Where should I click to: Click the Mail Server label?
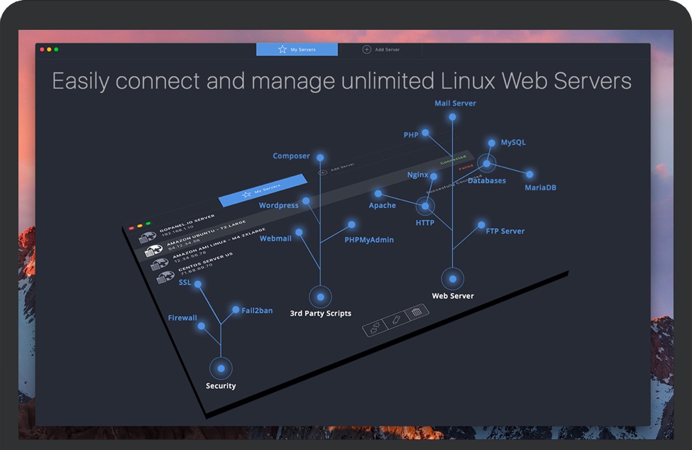pyautogui.click(x=455, y=104)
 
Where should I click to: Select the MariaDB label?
pyautogui.click(x=540, y=188)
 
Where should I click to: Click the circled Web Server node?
pyautogui.click(x=452, y=278)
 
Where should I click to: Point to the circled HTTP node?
pyautogui.click(x=425, y=207)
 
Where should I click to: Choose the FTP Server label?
pyautogui.click(x=505, y=231)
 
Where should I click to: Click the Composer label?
pyautogui.click(x=291, y=156)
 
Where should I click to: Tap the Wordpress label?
pyautogui.click(x=279, y=206)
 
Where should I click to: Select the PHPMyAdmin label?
pyautogui.click(x=369, y=240)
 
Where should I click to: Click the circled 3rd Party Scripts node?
pyautogui.click(x=320, y=297)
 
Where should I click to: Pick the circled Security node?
pyautogui.click(x=221, y=368)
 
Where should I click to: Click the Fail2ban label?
pyautogui.click(x=256, y=311)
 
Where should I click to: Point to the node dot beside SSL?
pyautogui.click(x=198, y=285)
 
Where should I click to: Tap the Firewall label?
pyautogui.click(x=182, y=318)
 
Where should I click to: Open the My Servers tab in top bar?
pyautogui.click(x=297, y=50)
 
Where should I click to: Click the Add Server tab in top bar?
pyautogui.click(x=381, y=50)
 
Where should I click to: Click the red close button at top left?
pyautogui.click(x=42, y=49)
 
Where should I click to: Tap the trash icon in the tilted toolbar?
pyautogui.click(x=417, y=312)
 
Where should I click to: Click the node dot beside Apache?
pyautogui.click(x=378, y=193)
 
